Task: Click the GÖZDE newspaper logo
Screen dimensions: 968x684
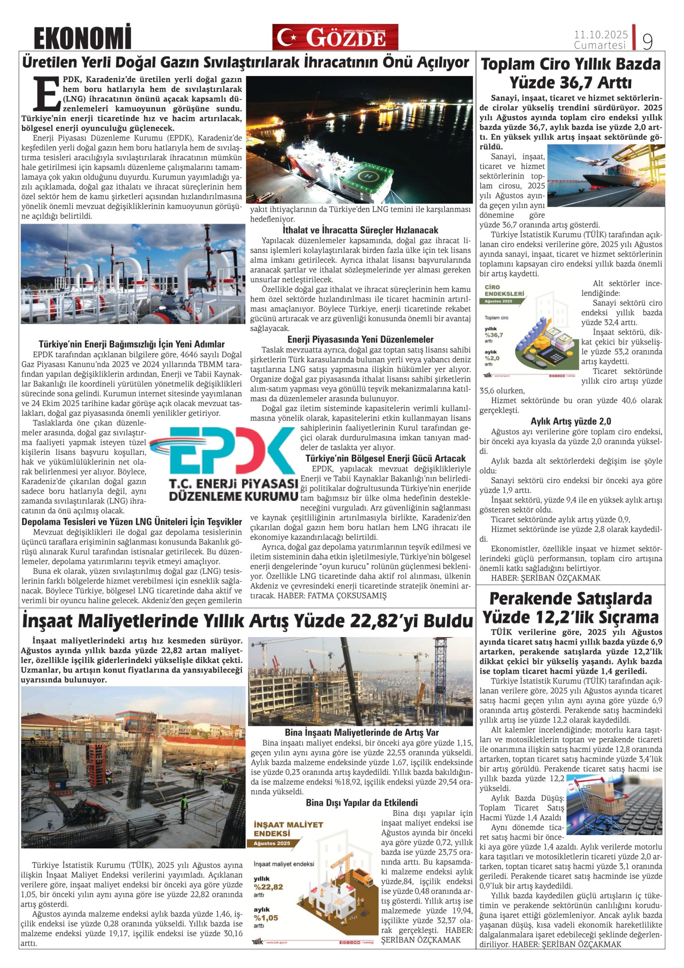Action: (335, 37)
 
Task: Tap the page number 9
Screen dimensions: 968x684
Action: (647, 41)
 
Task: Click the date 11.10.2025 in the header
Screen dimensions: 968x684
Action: (600, 35)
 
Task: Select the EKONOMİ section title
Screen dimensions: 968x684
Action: (82, 38)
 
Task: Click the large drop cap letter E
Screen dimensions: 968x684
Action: (46, 93)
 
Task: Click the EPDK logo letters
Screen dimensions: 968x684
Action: (228, 450)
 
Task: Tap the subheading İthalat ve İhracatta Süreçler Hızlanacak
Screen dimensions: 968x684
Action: (360, 230)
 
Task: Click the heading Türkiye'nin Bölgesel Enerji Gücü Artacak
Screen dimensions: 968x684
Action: (385, 458)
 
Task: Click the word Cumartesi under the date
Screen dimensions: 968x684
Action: (600, 45)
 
